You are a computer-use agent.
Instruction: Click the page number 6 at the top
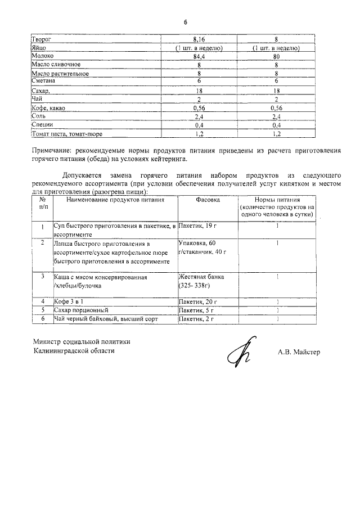184,22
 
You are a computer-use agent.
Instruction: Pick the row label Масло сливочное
57,65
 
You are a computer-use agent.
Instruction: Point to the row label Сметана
46,82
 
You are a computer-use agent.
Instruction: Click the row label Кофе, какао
50,107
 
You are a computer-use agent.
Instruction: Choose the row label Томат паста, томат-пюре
67,134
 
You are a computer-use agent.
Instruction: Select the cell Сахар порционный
80,310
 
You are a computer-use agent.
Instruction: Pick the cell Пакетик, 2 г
197,319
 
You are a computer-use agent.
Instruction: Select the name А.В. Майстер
298,353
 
